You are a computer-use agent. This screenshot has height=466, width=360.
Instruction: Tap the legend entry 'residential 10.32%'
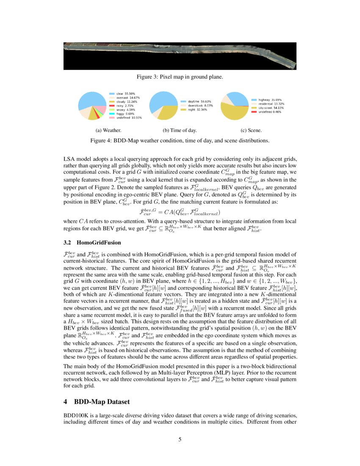click(269, 104)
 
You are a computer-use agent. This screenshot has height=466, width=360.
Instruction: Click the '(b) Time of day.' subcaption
click(180, 130)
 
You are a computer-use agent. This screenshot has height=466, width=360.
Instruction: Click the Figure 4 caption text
click(180, 140)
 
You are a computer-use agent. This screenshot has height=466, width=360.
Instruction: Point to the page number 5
click(180, 439)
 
